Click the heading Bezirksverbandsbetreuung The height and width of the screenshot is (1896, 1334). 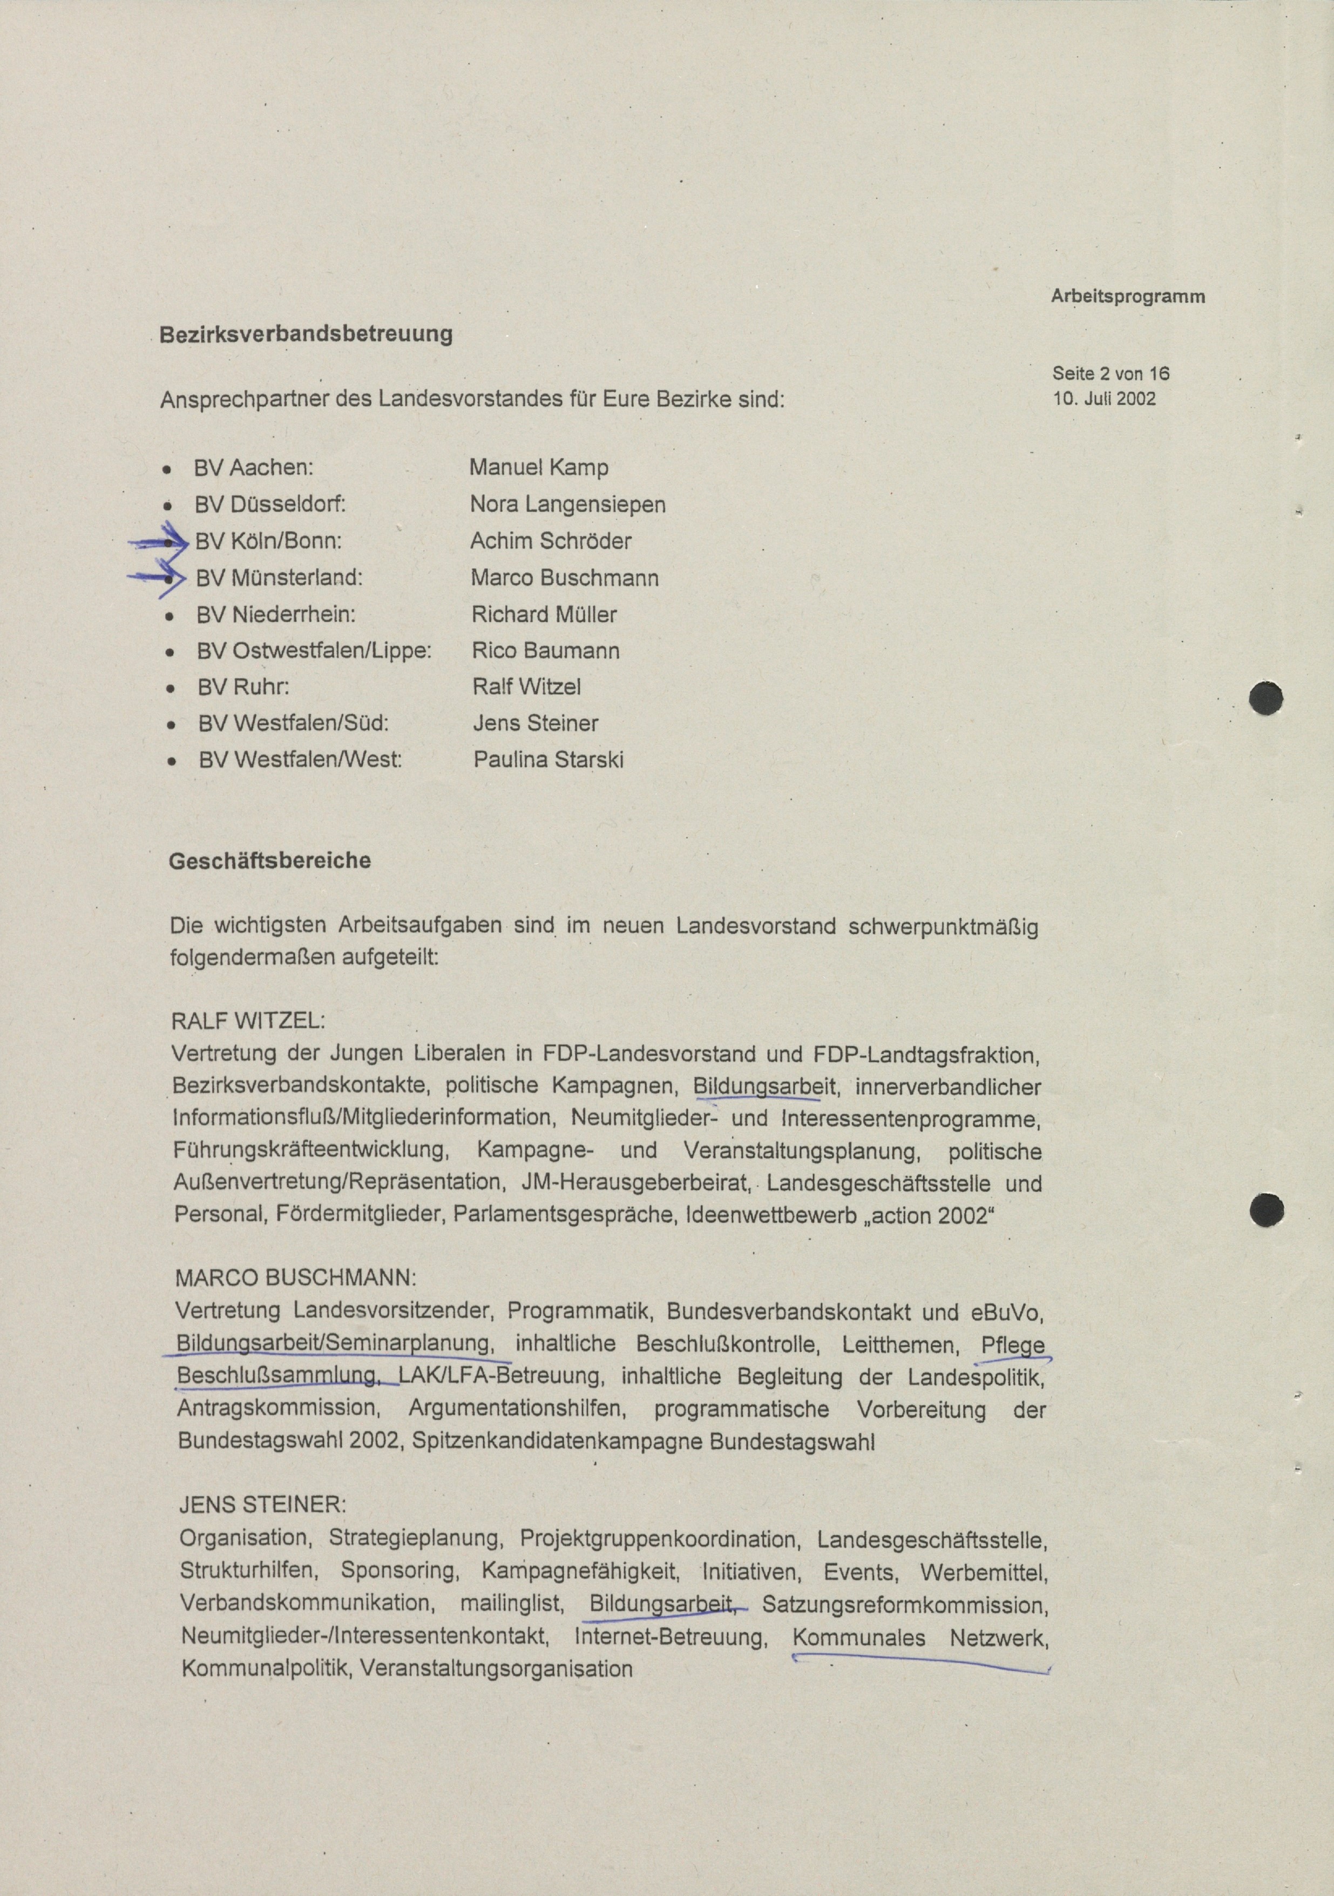click(x=306, y=334)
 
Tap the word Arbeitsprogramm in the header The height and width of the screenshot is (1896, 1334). click(x=1128, y=297)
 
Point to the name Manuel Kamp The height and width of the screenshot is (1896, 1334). click(x=538, y=467)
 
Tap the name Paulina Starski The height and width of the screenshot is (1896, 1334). click(x=548, y=759)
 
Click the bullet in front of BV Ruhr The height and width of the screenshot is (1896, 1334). click(x=170, y=687)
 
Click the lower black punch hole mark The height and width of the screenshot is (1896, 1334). click(x=1267, y=1211)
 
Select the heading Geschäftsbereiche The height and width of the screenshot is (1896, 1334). click(x=269, y=861)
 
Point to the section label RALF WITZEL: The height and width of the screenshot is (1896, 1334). click(x=248, y=1021)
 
